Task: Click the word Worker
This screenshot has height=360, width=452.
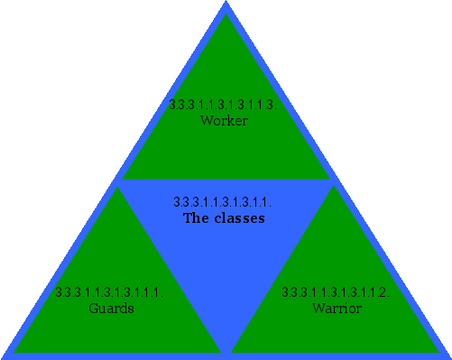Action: (224, 120)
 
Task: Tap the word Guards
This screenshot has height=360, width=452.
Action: (111, 309)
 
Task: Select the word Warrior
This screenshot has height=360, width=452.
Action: (337, 309)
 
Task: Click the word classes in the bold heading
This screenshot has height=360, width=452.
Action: (238, 218)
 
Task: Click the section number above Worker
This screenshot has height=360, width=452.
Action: (222, 105)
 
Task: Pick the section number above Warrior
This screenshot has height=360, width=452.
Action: (336, 292)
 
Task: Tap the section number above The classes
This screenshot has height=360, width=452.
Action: (222, 202)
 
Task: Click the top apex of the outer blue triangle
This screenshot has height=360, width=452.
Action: (226, 4)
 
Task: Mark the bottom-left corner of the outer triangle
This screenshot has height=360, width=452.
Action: (4, 356)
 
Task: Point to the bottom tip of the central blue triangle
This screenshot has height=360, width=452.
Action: (226, 352)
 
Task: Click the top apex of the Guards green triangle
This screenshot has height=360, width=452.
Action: (117, 188)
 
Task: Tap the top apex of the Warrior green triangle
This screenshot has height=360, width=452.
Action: (335, 188)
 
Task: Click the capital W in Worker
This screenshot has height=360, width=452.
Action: (206, 120)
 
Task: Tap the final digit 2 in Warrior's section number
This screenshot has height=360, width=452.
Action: (384, 292)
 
